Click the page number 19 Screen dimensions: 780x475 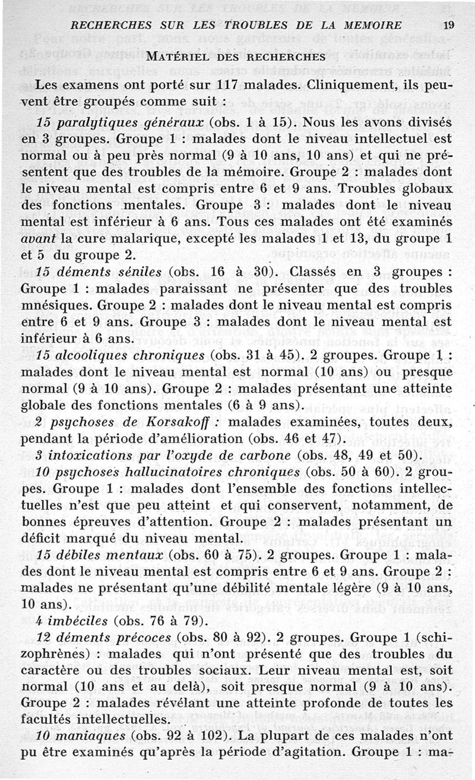448,26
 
